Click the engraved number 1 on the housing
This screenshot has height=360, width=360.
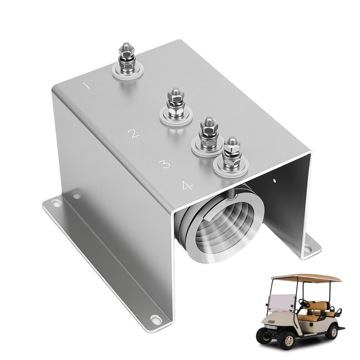pos(86,86)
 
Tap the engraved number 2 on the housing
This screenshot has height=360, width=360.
pos(134,134)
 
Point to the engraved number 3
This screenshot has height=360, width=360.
pos(165,164)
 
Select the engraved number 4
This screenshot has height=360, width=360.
pos(187,185)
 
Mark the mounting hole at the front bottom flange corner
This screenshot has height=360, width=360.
pos(155,319)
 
